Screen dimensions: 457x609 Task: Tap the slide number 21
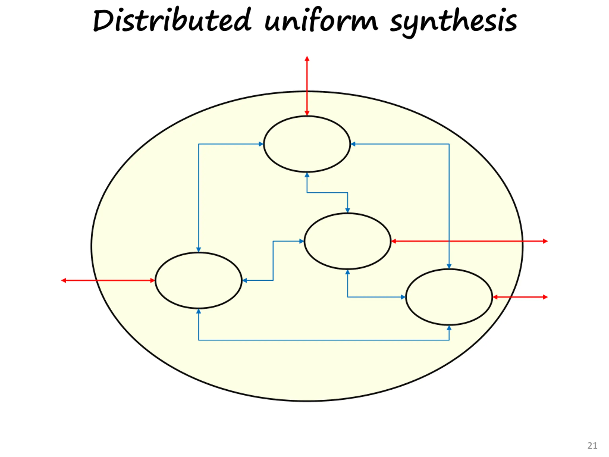(x=592, y=445)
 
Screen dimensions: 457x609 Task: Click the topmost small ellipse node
(x=307, y=144)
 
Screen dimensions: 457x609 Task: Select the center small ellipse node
(x=348, y=241)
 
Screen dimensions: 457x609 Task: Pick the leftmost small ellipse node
(x=198, y=280)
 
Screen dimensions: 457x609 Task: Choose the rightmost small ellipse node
(x=449, y=297)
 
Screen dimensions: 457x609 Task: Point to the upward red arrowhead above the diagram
(x=307, y=59)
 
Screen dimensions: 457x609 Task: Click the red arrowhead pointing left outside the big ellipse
(x=64, y=280)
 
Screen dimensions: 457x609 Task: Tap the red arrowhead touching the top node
(x=307, y=113)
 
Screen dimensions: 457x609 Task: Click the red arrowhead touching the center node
(x=394, y=241)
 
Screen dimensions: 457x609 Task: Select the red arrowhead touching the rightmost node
(x=495, y=297)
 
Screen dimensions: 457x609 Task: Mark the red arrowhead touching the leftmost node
(x=152, y=280)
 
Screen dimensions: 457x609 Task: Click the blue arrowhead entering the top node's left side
(x=261, y=144)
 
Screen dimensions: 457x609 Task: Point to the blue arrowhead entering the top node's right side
(x=353, y=144)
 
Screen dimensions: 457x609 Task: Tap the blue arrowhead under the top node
(x=307, y=175)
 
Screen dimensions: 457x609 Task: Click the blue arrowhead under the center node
(x=348, y=272)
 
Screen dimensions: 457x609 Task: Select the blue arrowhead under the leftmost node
(x=198, y=311)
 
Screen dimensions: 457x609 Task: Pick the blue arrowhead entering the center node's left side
(x=301, y=241)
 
